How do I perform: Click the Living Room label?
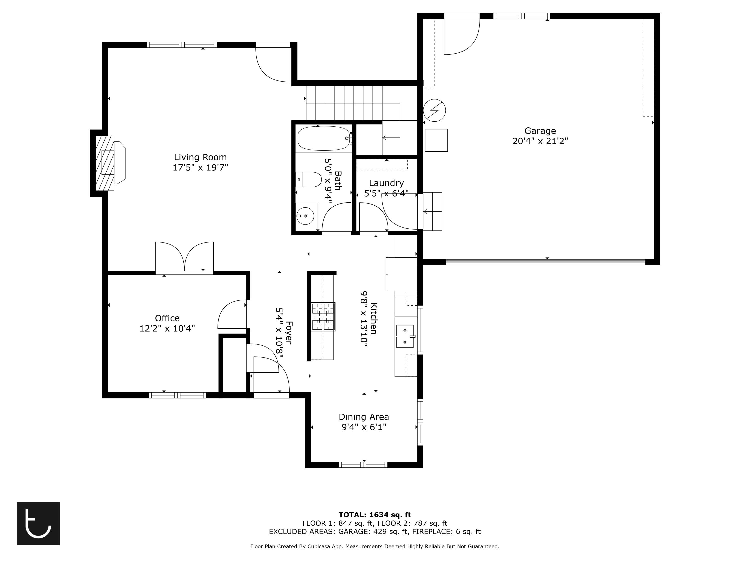[x=200, y=157]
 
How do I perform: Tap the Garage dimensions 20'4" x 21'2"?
[x=540, y=141]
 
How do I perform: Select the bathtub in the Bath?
[x=323, y=138]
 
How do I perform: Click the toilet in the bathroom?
[x=309, y=180]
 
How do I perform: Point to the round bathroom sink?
[x=305, y=216]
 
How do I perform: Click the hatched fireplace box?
[x=105, y=163]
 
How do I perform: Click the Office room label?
[x=167, y=318]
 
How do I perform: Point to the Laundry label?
[x=386, y=183]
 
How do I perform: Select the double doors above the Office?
[x=184, y=258]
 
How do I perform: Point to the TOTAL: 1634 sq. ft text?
[x=375, y=515]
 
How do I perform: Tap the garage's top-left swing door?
[x=461, y=35]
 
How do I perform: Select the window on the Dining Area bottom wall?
[x=363, y=464]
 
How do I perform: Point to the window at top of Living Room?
[x=182, y=45]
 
